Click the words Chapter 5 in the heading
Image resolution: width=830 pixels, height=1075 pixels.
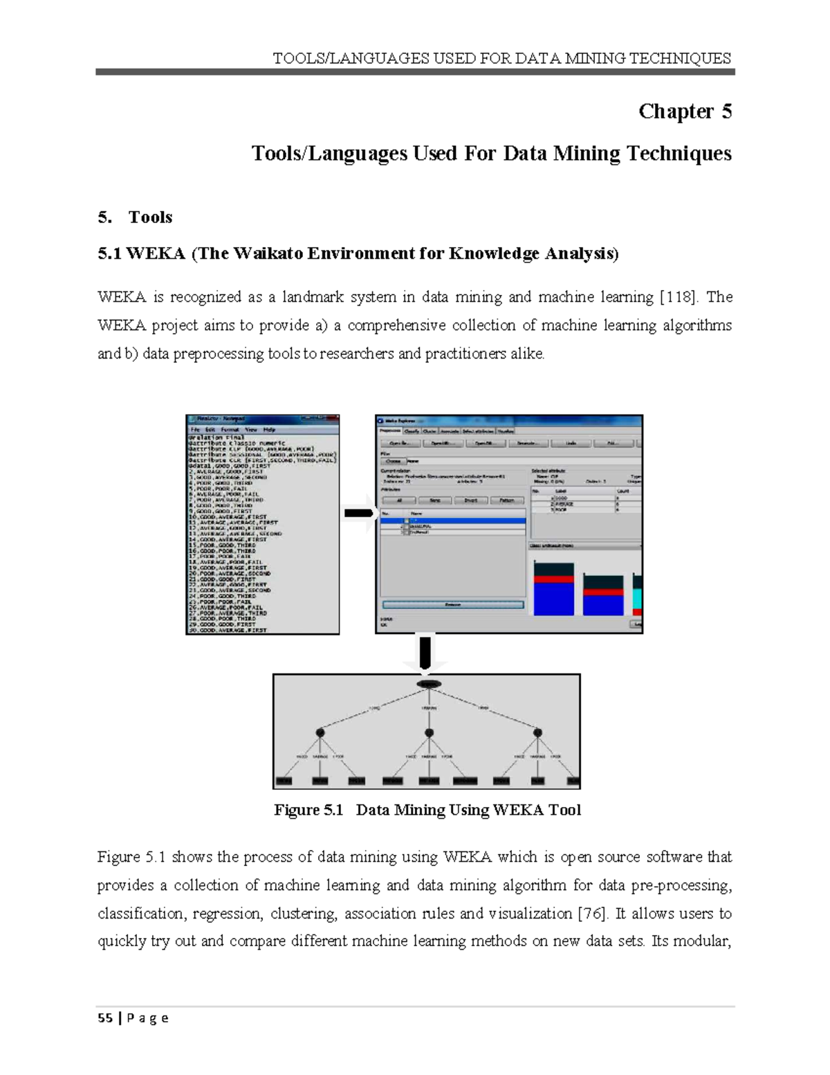685,111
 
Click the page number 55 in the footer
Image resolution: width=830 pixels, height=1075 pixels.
105,1018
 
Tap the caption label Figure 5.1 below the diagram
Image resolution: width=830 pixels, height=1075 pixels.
308,810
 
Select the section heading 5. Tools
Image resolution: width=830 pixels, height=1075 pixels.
136,217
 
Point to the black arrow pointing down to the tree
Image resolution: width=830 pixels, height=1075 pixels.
425,652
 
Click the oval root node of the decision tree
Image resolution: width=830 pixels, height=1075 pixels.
429,684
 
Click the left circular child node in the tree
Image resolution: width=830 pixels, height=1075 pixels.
320,732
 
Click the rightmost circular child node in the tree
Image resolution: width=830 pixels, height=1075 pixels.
537,732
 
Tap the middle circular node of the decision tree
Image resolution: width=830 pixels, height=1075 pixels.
429,732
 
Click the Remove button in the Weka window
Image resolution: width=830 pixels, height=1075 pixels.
453,604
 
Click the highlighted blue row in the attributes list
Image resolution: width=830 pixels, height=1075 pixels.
453,521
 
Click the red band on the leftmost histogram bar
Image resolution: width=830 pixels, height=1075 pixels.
554,579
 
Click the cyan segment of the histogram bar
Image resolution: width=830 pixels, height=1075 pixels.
638,599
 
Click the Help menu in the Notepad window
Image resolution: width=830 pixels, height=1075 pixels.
269,429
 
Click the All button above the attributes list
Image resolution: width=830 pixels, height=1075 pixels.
399,500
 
